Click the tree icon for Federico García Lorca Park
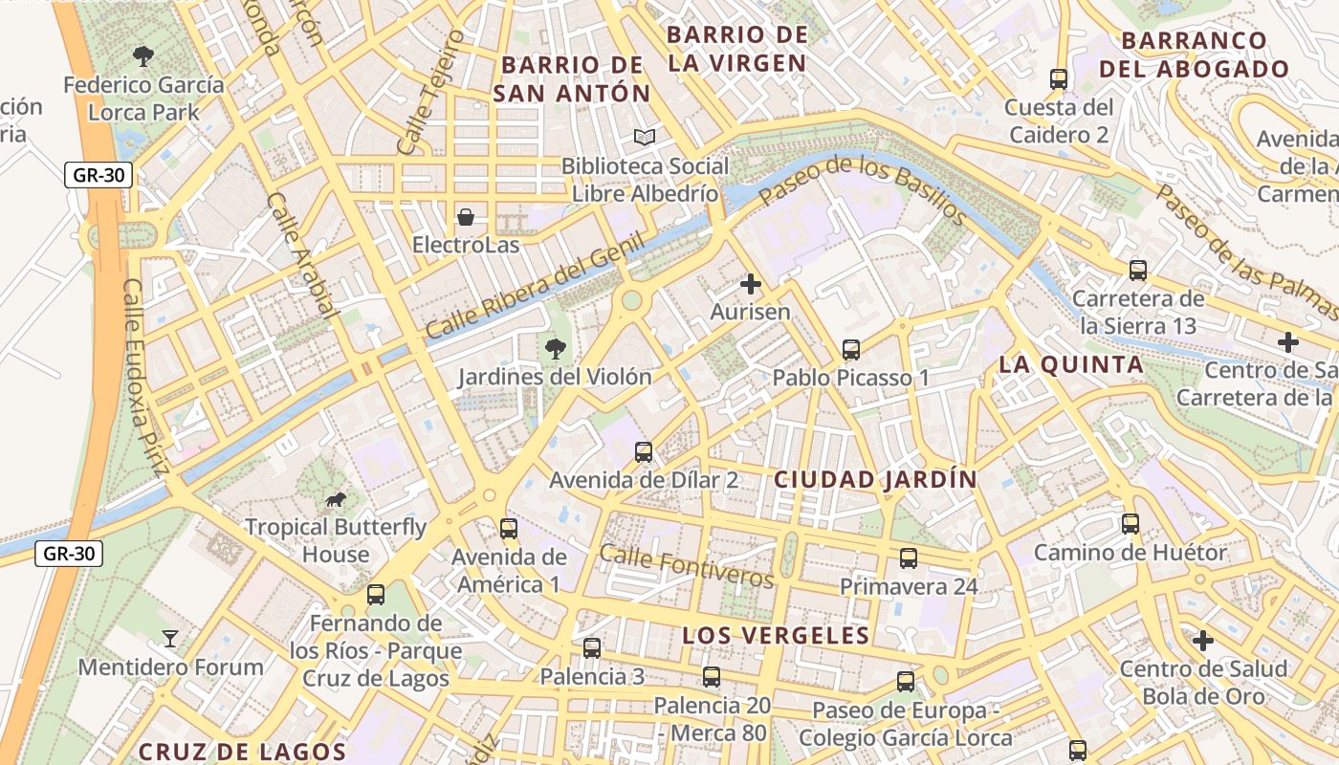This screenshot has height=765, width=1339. [x=143, y=56]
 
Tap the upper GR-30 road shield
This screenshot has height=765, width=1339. [x=99, y=175]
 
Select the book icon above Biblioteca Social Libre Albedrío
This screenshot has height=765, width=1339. [x=646, y=138]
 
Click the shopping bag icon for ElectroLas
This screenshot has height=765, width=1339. [x=466, y=217]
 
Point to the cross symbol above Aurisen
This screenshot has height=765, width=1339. [x=751, y=284]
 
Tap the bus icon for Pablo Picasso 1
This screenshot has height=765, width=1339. [x=850, y=350]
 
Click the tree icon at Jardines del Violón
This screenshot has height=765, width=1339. [x=554, y=349]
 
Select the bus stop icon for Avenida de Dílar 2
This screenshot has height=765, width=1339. [x=644, y=451]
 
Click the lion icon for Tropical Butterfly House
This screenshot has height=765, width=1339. [x=335, y=499]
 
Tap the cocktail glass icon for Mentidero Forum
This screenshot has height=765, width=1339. [x=170, y=639]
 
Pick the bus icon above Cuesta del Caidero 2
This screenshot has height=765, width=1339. [x=1058, y=79]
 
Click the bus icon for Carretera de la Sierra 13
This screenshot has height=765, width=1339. [x=1137, y=271]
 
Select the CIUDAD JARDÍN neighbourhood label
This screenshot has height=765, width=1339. [x=875, y=480]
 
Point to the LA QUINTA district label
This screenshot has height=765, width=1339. [x=1071, y=364]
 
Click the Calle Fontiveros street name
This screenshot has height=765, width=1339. [x=686, y=566]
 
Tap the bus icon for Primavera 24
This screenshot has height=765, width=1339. [x=908, y=558]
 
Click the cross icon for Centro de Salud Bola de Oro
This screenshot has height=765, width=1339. [x=1203, y=640]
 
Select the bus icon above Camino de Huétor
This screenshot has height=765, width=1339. [x=1130, y=524]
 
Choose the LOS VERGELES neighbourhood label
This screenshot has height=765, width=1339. [x=776, y=636]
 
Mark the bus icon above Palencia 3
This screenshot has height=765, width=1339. [x=592, y=648]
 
